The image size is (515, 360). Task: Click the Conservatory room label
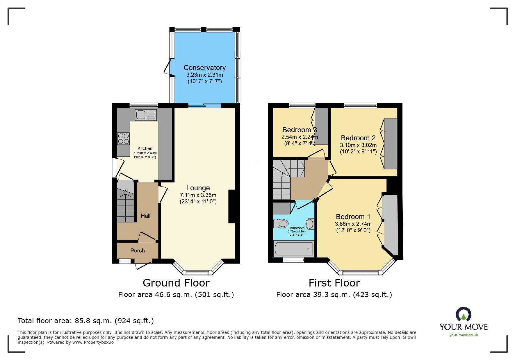click(204, 68)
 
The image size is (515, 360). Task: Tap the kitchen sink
click(146, 115)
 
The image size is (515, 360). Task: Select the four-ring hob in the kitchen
click(123, 138)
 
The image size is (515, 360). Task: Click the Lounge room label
click(198, 188)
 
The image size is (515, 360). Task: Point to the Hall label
click(145, 216)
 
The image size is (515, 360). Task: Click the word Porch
click(138, 250)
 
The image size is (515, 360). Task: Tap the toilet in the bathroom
click(281, 224)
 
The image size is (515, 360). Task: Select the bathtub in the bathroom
click(294, 249)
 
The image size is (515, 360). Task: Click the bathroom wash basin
click(310, 224)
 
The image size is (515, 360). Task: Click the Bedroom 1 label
click(353, 217)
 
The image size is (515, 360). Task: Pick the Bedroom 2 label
click(358, 138)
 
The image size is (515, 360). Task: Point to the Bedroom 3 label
click(299, 130)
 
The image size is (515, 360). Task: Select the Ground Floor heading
click(176, 283)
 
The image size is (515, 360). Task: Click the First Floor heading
click(334, 283)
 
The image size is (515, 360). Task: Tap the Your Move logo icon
click(463, 314)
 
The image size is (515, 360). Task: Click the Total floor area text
click(85, 321)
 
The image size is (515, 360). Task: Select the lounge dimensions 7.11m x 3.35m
click(198, 195)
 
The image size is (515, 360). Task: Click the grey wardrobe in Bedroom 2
click(391, 144)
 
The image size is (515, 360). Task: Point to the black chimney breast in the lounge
click(232, 206)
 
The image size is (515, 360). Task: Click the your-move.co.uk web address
click(464, 335)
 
